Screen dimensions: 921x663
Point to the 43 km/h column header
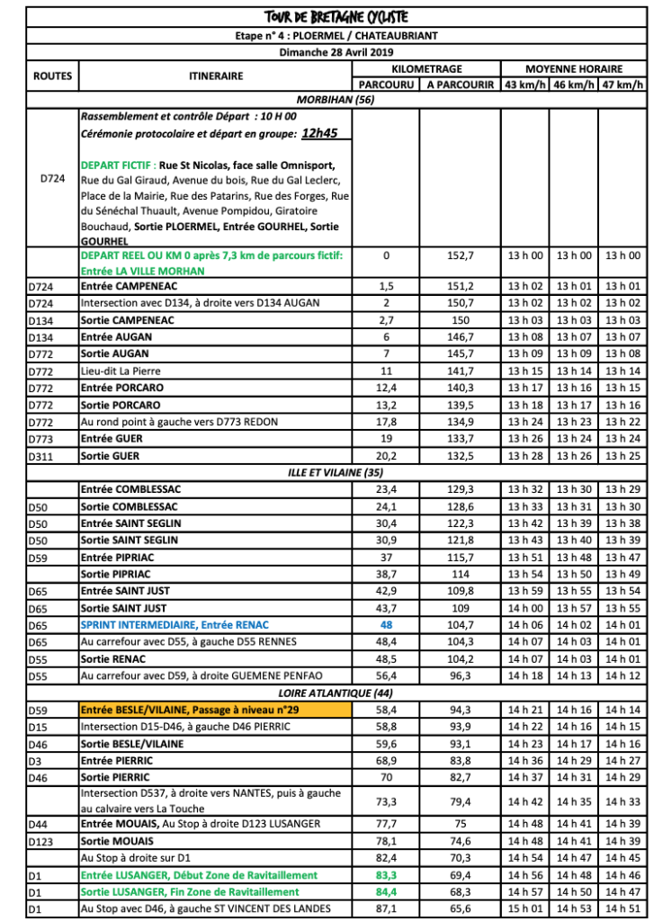(524, 85)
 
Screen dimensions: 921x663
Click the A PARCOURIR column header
(461, 85)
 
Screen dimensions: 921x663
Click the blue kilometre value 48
(386, 625)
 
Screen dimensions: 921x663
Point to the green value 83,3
(386, 875)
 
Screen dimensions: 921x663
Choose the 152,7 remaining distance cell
(461, 255)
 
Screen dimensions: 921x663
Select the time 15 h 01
(524, 909)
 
